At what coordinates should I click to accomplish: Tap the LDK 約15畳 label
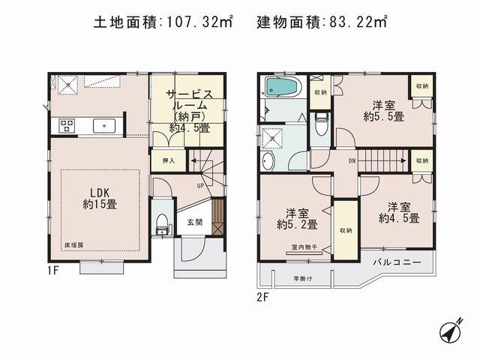click(99, 196)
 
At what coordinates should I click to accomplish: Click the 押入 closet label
click(169, 160)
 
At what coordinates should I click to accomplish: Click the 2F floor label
click(262, 297)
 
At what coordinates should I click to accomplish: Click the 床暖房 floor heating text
click(73, 245)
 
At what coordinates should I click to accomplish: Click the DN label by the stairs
click(352, 160)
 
